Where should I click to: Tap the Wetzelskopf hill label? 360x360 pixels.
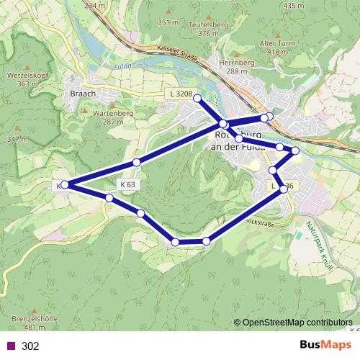[x=27, y=74]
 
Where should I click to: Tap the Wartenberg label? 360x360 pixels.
[x=108, y=113]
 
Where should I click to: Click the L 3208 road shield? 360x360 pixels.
[x=180, y=94]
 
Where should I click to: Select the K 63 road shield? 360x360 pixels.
[x=128, y=184]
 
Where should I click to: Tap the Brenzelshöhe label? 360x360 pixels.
[x=29, y=318]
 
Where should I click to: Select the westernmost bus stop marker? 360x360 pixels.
[x=65, y=185]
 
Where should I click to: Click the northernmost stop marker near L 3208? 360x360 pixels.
[x=197, y=98]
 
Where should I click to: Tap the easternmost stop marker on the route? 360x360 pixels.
[x=294, y=150]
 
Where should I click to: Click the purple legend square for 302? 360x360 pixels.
[x=10, y=346]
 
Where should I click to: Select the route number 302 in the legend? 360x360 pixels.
[x=30, y=346]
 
